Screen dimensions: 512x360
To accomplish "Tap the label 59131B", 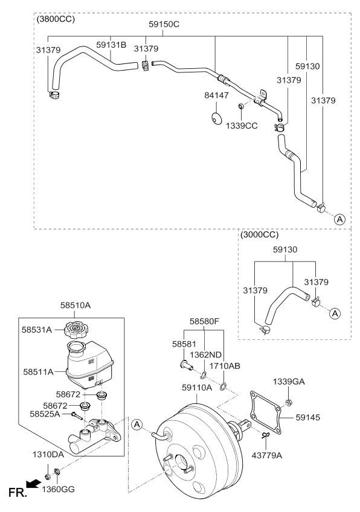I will (x=111, y=44).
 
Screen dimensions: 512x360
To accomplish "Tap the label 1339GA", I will (x=289, y=382).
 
